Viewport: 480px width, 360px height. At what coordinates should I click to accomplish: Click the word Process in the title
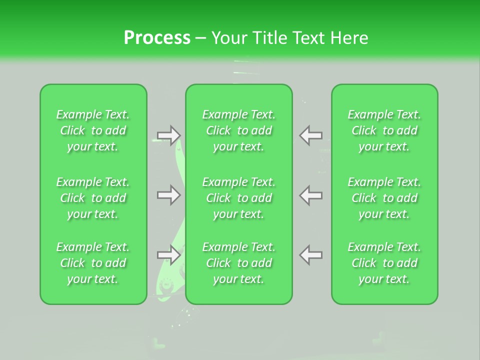pyautogui.click(x=157, y=38)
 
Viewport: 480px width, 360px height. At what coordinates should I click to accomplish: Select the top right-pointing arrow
pyautogui.click(x=169, y=135)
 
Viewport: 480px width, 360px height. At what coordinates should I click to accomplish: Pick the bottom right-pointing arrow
pyautogui.click(x=169, y=255)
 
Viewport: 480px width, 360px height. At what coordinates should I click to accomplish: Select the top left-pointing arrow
pyautogui.click(x=310, y=135)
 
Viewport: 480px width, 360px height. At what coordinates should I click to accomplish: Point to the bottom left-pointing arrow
pyautogui.click(x=310, y=255)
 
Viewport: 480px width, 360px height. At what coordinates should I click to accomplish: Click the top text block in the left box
pyautogui.click(x=93, y=130)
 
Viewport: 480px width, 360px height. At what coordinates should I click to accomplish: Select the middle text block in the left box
pyautogui.click(x=93, y=198)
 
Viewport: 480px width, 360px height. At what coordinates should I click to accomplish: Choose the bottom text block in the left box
pyautogui.click(x=93, y=263)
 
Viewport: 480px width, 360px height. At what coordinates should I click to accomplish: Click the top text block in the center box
pyautogui.click(x=239, y=130)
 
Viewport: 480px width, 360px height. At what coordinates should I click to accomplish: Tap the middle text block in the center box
pyautogui.click(x=239, y=198)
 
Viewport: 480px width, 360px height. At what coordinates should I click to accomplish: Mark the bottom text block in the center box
pyautogui.click(x=239, y=263)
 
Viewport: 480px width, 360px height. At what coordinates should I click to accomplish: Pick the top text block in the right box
pyautogui.click(x=384, y=130)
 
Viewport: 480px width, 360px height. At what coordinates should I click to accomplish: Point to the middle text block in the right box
pyautogui.click(x=384, y=198)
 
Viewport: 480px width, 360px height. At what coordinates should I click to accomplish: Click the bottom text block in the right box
pyautogui.click(x=384, y=263)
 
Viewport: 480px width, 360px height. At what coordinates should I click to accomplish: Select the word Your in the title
pyautogui.click(x=228, y=38)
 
